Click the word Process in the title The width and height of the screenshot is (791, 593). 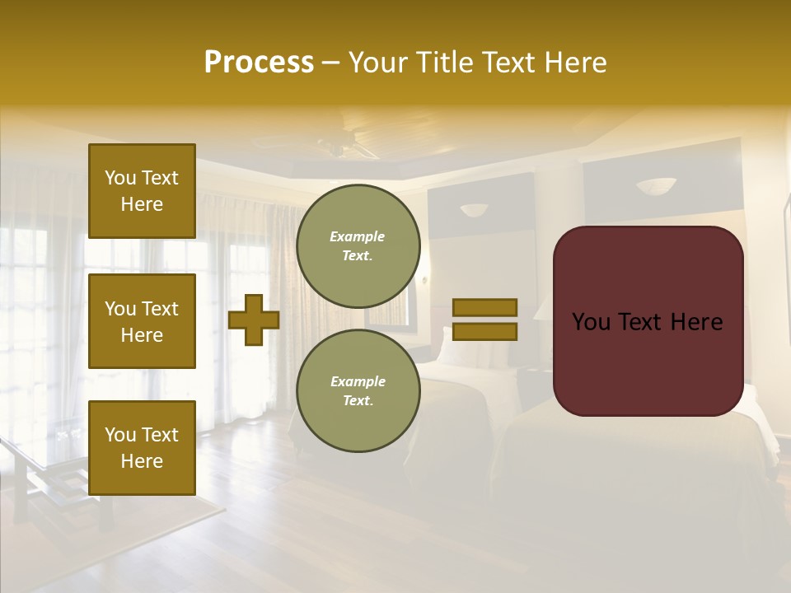click(259, 63)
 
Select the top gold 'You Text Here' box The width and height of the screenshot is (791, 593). click(142, 191)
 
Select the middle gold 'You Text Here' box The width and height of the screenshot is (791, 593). click(142, 321)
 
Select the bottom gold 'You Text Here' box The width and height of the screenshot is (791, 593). click(142, 448)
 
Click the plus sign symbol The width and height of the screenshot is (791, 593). click(254, 320)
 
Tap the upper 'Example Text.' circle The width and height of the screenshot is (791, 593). click(358, 246)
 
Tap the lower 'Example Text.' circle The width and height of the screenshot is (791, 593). click(358, 391)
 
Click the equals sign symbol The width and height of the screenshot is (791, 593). click(485, 320)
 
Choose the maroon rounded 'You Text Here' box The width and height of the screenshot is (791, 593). click(648, 321)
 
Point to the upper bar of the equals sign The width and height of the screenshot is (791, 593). click(485, 307)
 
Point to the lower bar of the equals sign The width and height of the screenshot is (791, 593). click(485, 332)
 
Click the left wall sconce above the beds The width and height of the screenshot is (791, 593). click(474, 210)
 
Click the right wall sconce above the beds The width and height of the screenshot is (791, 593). click(656, 186)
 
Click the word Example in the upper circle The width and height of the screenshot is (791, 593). click(357, 237)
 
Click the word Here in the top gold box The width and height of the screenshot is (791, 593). click(142, 204)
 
